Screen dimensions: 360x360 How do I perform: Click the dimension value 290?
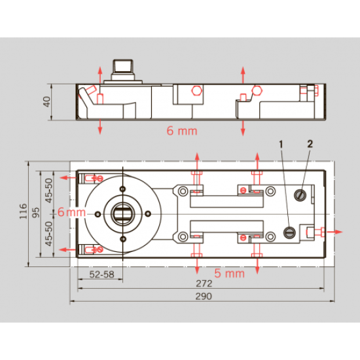(x=204, y=296)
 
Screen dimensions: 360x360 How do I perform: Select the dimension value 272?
(x=204, y=283)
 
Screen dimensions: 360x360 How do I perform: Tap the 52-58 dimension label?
(x=101, y=274)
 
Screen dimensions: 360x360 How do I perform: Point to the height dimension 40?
(x=46, y=101)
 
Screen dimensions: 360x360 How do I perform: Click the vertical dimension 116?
(x=23, y=211)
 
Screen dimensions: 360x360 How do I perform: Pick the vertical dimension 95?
(x=36, y=212)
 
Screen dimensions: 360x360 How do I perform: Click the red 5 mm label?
(x=229, y=273)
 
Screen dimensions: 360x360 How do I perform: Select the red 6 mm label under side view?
(x=182, y=131)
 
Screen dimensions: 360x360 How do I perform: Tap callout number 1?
(x=281, y=145)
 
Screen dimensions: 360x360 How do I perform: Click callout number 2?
(x=310, y=144)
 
